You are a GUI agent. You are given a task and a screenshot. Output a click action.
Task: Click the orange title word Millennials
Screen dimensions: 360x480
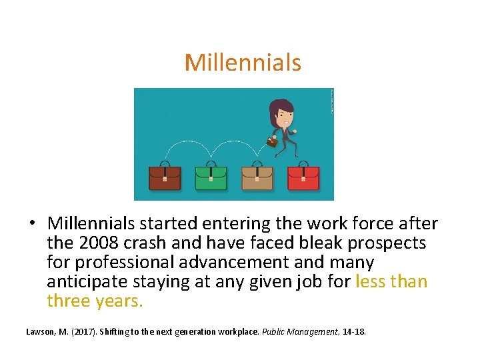coord(243,63)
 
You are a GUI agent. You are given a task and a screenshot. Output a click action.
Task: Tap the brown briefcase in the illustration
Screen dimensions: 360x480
coord(165,177)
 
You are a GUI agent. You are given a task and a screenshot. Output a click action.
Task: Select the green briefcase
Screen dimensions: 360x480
coord(211,177)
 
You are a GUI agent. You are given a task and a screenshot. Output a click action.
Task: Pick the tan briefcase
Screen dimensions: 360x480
coord(257,177)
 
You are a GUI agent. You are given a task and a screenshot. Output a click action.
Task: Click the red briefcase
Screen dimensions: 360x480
coord(303,177)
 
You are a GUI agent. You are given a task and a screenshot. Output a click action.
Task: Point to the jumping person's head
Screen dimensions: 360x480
coord(281,113)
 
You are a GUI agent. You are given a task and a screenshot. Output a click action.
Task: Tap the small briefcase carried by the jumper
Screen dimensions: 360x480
coord(271,141)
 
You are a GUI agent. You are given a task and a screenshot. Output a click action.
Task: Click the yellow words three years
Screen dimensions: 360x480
coord(95,301)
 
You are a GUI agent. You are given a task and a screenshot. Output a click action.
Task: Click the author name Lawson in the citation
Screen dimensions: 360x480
coord(41,331)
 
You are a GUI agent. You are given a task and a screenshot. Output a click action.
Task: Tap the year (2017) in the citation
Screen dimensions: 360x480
coord(82,331)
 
